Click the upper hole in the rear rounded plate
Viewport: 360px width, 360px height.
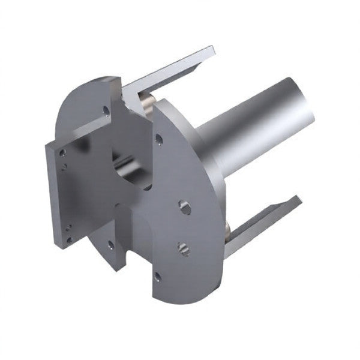tap(106, 110)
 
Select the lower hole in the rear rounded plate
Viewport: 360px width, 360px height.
tap(110, 243)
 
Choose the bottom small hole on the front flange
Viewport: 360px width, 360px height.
tap(157, 277)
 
